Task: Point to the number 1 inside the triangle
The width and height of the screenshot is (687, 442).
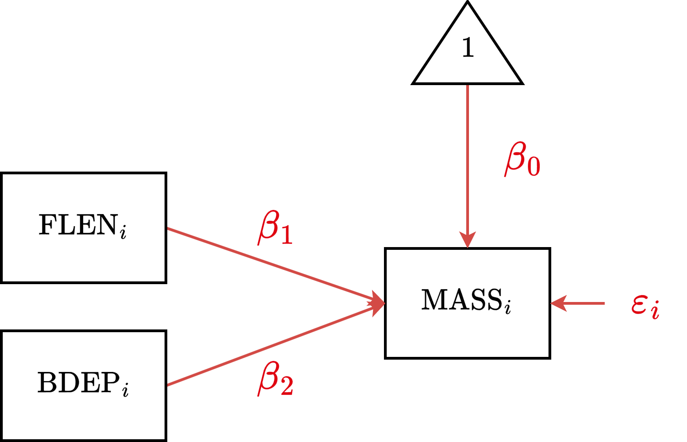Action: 468,48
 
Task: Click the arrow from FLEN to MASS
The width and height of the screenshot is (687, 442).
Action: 274,266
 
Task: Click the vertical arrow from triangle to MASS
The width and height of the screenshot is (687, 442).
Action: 467,160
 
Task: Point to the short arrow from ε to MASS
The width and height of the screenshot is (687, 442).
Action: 580,303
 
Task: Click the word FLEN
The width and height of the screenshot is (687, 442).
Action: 78,225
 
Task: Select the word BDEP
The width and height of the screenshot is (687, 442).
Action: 78,383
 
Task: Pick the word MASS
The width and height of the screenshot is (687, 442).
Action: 461,300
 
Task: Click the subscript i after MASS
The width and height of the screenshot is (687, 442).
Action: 508,307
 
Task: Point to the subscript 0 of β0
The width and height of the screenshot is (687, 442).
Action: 534,166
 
